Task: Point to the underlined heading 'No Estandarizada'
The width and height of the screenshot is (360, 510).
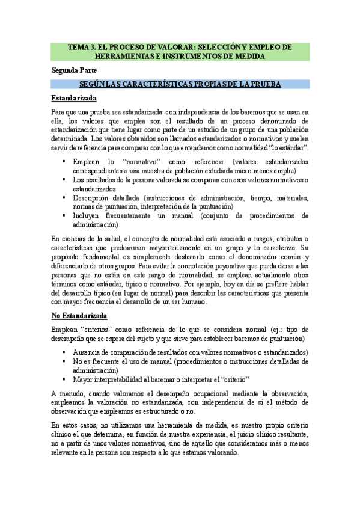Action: click(79, 316)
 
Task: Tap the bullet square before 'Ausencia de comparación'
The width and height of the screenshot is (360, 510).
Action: click(64, 352)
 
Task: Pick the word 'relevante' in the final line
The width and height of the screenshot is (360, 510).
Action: click(69, 453)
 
